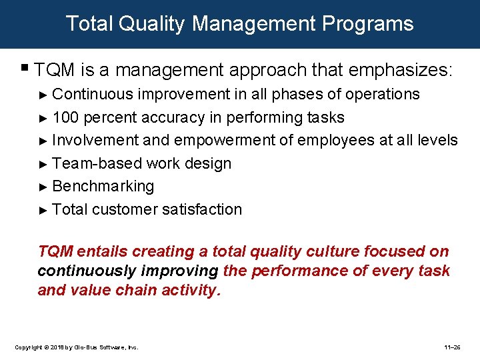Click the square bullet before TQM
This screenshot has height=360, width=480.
25,67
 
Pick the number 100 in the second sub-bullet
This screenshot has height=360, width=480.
65,117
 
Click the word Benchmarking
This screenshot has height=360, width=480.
103,186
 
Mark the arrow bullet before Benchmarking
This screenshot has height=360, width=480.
43,187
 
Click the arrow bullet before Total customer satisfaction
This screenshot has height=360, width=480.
43,210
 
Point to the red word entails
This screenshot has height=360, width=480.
103,251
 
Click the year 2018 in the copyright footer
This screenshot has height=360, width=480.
55,347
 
